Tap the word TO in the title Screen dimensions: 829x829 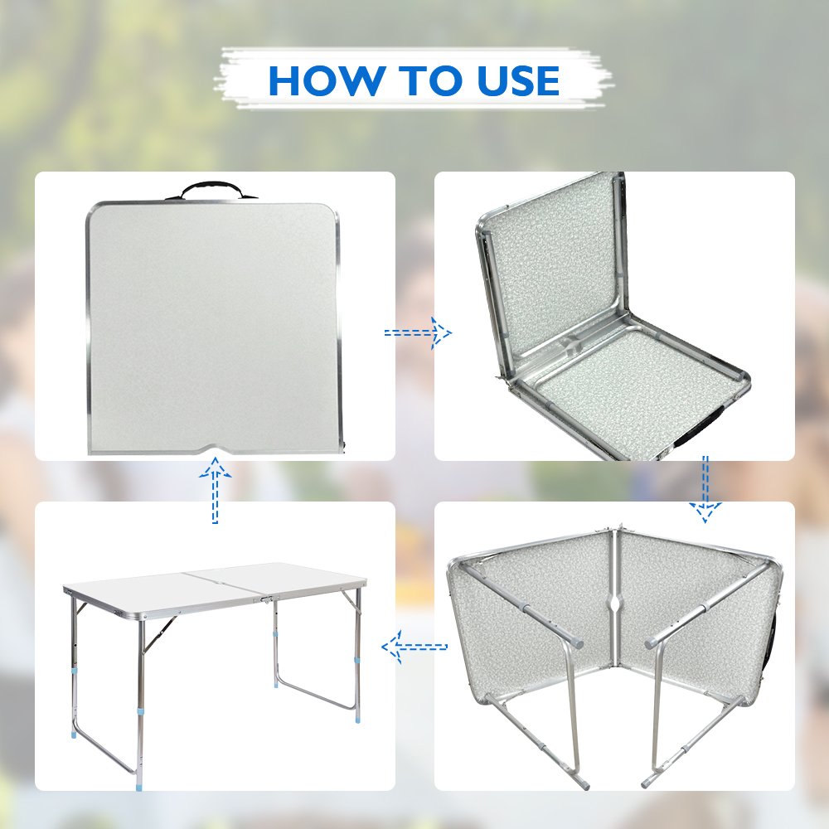[x=421, y=80]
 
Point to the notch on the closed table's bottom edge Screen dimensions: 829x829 [x=215, y=450]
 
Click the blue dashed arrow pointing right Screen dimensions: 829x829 [x=418, y=332]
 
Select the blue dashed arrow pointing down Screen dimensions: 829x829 [x=705, y=488]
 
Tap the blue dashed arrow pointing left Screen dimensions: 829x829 [x=414, y=646]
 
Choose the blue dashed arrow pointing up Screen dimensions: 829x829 [x=216, y=492]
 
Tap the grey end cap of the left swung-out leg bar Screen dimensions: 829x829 [x=576, y=642]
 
